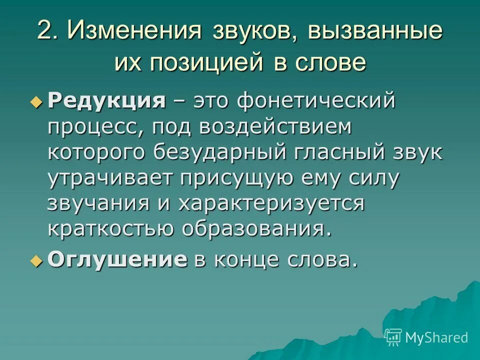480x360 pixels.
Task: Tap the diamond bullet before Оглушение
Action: tap(35, 261)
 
